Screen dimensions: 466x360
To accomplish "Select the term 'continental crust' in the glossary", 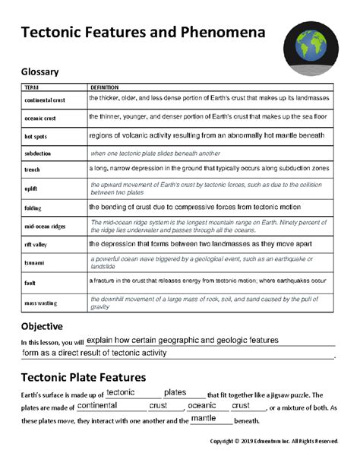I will [45, 100].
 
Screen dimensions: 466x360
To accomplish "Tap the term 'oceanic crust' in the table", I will [40, 119].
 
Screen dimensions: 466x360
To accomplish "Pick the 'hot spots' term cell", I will [36, 137].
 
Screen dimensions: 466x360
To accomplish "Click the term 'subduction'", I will [38, 154].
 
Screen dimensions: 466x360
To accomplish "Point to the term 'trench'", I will [33, 170].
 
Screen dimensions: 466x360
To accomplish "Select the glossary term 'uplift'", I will [32, 189].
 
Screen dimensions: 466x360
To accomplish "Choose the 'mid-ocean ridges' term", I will [45, 227].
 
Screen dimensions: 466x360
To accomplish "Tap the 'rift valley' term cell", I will [38, 245].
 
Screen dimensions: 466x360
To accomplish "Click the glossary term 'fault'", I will [31, 283].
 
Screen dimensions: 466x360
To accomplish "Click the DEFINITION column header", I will [104, 87].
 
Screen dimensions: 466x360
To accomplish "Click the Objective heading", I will [46, 326].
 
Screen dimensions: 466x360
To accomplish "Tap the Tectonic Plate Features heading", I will [84, 377].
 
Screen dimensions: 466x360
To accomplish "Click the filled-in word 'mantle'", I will [204, 418].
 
